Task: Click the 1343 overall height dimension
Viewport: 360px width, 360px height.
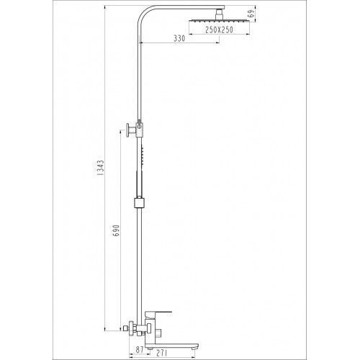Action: point(101,168)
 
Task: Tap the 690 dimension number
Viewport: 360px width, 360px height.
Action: point(116,230)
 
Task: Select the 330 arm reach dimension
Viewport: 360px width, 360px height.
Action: point(179,38)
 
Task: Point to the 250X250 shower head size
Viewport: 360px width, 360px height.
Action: point(219,30)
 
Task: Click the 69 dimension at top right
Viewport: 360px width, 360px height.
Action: point(252,14)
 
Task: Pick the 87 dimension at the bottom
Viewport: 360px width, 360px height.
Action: point(140,349)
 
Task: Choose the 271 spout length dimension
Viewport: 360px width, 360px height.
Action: point(161,353)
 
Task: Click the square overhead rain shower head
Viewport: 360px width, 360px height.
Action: point(219,21)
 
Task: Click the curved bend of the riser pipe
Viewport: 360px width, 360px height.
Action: point(143,13)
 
